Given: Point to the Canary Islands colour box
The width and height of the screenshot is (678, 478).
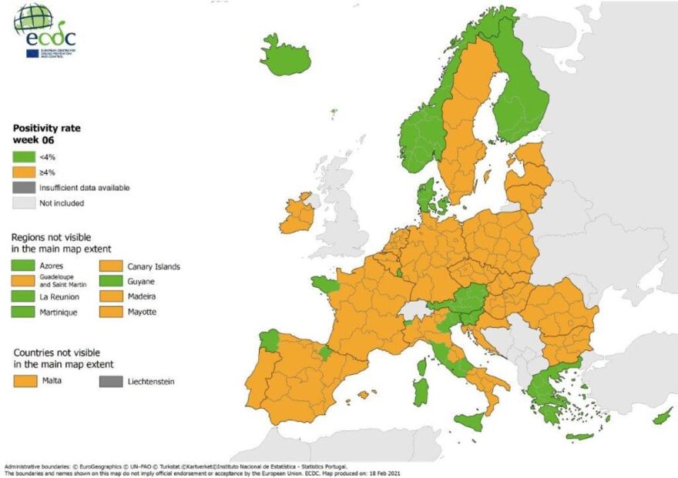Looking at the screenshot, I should coord(110,266).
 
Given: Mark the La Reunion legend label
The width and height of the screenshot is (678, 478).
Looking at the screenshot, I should coord(55,297).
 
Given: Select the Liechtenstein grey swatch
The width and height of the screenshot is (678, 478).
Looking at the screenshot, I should coord(110,381).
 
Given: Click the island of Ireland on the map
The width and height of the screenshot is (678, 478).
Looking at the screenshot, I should coord(297,215).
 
